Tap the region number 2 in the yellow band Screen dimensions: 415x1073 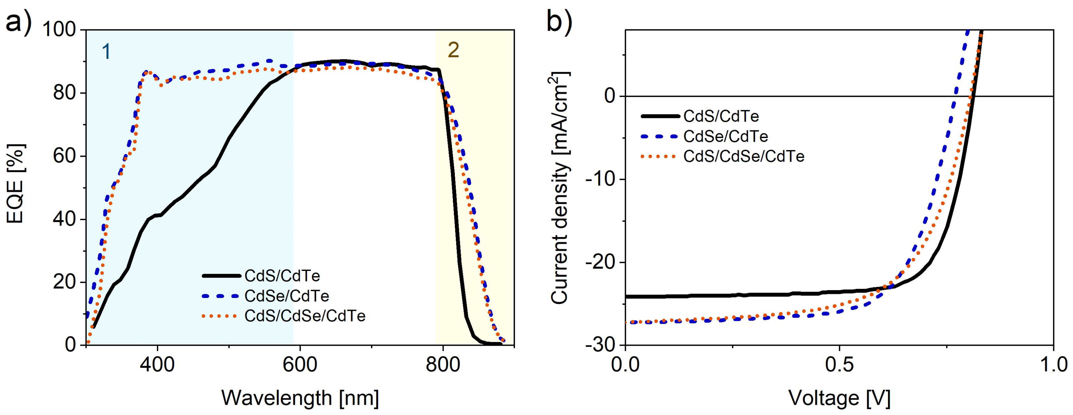coord(453,50)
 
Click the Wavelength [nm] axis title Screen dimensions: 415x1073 coord(300,398)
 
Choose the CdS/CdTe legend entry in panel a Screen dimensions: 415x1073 coord(282,276)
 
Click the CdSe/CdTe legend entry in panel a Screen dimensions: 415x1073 coord(287,296)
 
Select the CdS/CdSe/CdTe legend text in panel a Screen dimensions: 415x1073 coord(305,316)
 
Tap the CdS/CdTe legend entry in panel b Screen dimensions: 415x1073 coord(721,116)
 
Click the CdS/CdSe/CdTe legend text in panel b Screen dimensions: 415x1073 coord(744,156)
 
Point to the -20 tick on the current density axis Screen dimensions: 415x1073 coord(600,262)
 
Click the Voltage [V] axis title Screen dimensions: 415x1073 coord(839,398)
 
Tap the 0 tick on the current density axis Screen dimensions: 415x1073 coord(609,96)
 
